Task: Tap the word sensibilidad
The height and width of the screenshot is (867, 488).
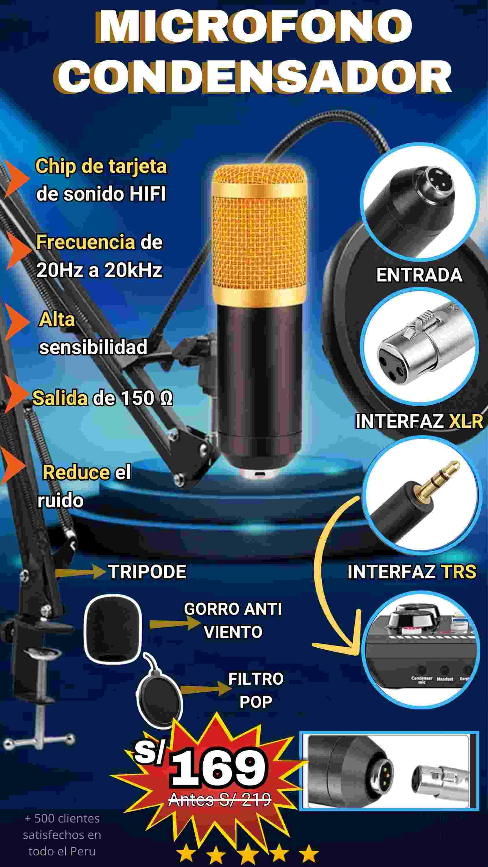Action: click(x=93, y=347)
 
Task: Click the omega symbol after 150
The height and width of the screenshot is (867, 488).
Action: click(x=166, y=399)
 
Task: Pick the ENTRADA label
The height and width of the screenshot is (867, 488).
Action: click(x=419, y=275)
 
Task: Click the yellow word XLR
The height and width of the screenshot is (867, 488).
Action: click(x=466, y=421)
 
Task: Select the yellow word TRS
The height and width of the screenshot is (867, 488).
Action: click(x=459, y=571)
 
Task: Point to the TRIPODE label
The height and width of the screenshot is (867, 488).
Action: click(x=147, y=571)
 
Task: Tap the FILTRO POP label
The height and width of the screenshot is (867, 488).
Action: click(x=256, y=690)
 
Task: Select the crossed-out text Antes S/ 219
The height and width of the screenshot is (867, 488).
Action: click(x=220, y=799)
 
